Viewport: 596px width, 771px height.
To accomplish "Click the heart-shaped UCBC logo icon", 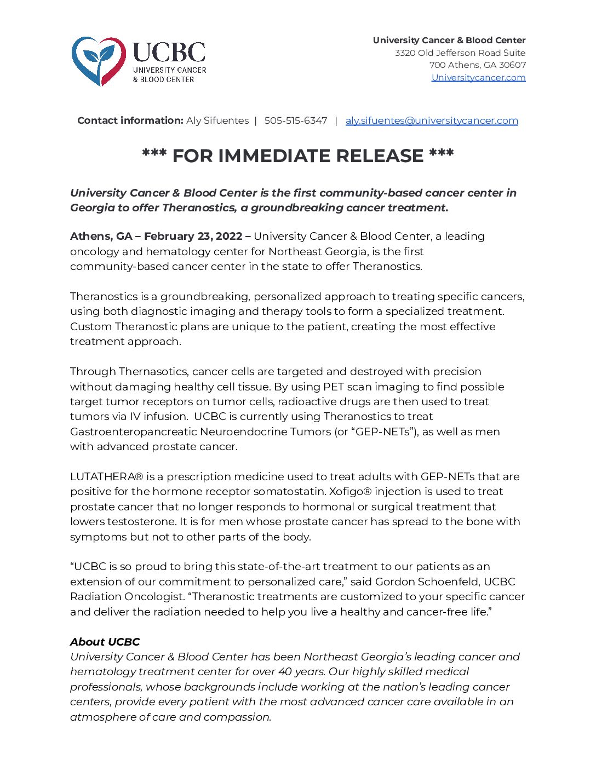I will [x=98, y=60].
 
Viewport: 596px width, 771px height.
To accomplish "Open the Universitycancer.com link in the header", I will [x=478, y=77].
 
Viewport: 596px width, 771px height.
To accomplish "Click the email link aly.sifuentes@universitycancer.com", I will [x=432, y=120].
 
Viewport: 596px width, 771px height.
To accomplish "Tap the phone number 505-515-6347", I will [x=296, y=120].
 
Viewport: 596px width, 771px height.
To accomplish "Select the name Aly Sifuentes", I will [x=217, y=120].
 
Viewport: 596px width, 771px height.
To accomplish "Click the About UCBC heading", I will [x=105, y=642].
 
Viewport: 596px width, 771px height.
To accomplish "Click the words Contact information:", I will [x=130, y=120].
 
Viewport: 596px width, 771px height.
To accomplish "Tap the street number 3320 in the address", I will [x=405, y=53].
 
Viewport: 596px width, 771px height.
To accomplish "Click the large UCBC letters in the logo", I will [x=169, y=53].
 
